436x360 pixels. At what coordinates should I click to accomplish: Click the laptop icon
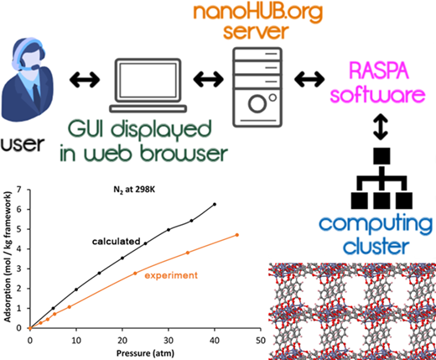tap(148, 86)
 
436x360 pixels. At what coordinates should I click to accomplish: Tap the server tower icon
tap(257, 87)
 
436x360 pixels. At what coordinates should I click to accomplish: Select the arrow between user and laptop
tap(85, 80)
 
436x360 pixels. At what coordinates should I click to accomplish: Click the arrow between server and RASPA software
tap(309, 79)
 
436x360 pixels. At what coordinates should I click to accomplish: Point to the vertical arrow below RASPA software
tap(381, 127)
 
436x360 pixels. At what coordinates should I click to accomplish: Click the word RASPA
tap(379, 71)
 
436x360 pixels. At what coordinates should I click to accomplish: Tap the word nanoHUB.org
tap(257, 13)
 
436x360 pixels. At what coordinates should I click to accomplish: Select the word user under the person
tap(23, 144)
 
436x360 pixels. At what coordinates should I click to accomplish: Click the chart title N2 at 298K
tap(134, 190)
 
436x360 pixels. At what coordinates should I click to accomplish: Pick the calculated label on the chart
tap(117, 241)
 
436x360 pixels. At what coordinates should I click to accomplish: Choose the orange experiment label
tap(171, 275)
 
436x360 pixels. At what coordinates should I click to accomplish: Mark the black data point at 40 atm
tap(215, 204)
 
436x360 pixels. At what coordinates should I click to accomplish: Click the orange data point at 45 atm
tap(237, 235)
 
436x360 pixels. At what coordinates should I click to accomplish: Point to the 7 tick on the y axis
tap(19, 190)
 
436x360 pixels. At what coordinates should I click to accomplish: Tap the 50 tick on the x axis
tap(261, 341)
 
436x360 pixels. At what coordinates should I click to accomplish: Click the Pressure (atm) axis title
tap(145, 353)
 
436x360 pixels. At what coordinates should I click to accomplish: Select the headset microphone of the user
tap(35, 67)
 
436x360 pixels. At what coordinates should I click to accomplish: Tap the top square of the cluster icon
tap(381, 156)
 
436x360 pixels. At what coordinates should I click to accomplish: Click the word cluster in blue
tap(376, 246)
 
